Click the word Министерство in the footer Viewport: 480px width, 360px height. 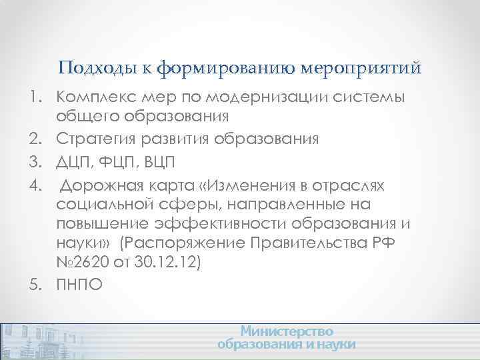287,331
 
